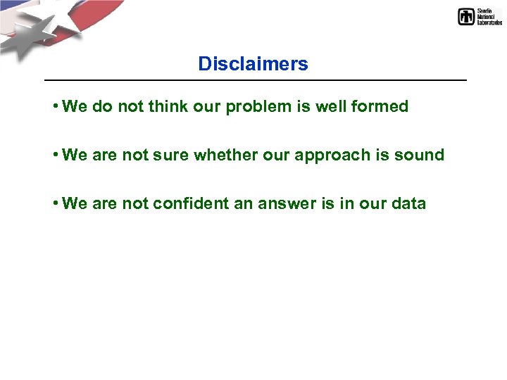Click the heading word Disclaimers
click(253, 64)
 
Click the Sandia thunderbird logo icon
click(466, 17)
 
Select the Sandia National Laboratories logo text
click(489, 17)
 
